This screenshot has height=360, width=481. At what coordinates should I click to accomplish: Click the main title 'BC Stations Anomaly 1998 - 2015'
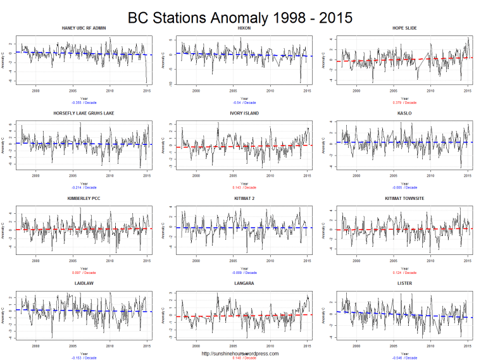click(240, 16)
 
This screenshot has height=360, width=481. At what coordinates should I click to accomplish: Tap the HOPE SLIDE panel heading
click(404, 28)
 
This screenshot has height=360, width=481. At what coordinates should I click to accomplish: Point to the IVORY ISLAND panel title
click(244, 113)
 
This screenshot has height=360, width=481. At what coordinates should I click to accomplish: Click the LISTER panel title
click(404, 283)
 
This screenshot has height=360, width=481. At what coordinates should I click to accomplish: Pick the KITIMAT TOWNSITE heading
click(404, 198)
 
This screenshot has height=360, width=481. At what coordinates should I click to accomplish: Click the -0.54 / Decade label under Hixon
click(244, 102)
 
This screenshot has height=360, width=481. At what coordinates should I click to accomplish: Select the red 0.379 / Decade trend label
click(404, 102)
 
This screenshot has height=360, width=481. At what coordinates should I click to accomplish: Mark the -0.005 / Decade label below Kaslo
click(404, 187)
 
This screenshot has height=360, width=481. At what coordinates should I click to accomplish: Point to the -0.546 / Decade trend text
click(404, 357)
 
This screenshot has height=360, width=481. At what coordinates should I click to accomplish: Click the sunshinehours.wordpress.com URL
click(240, 354)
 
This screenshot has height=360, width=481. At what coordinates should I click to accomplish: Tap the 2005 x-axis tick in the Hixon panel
click(234, 90)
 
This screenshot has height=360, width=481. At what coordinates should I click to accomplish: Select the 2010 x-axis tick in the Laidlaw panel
click(110, 345)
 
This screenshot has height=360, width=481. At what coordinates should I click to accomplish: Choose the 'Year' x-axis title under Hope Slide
click(404, 98)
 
